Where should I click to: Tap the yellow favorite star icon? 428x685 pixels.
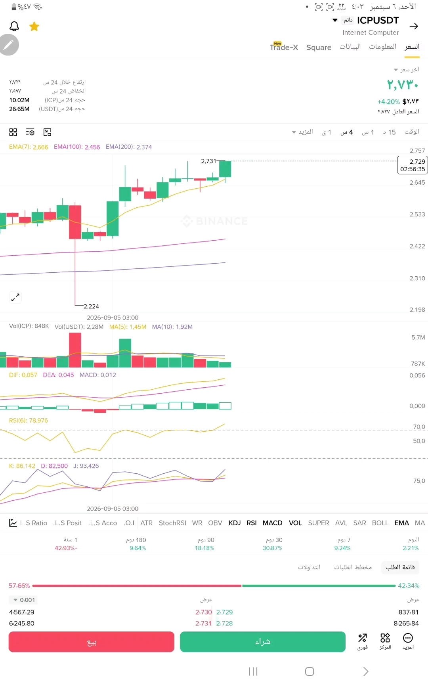(34, 27)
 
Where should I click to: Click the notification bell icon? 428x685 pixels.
(14, 27)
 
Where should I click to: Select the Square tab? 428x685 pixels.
(319, 48)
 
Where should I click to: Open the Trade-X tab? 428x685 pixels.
(284, 47)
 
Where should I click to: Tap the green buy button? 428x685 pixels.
(263, 642)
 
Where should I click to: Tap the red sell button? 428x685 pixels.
(92, 642)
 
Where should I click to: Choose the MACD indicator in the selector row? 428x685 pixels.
(273, 523)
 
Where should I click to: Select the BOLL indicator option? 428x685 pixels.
(380, 523)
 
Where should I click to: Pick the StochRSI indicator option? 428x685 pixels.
(172, 523)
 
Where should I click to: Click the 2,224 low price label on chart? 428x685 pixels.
(91, 306)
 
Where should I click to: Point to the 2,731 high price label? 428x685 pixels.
(208, 161)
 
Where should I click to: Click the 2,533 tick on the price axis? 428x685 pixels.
(417, 214)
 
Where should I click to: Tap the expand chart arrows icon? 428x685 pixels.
(15, 297)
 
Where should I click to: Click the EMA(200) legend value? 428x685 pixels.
(129, 147)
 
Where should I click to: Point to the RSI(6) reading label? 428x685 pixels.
(29, 421)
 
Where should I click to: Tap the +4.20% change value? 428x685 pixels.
(388, 102)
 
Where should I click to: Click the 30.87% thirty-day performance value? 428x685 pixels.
(273, 548)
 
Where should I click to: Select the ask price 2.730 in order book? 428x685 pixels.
(204, 612)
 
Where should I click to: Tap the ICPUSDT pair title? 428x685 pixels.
(378, 20)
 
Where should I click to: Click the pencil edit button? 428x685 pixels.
(9, 45)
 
